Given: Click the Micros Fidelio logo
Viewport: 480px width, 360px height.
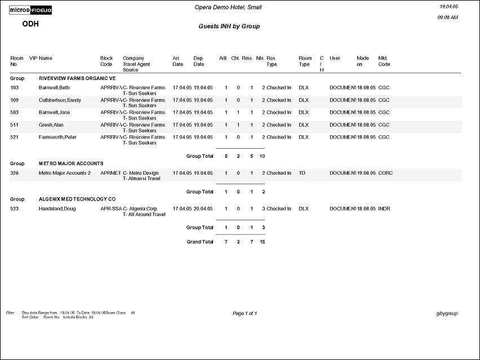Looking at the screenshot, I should [x=33, y=10].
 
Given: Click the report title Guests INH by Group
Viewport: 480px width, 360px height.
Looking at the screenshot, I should [x=229, y=26].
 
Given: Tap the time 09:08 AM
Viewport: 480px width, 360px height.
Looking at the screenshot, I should [x=447, y=17].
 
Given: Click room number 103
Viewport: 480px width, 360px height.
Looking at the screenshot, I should [x=15, y=88].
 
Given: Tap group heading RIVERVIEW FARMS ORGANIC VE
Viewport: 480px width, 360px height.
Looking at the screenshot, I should [x=77, y=78].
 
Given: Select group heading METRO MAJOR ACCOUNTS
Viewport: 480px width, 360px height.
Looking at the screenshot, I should [x=71, y=163].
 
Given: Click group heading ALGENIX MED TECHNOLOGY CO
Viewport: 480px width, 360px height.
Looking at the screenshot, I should [x=77, y=199].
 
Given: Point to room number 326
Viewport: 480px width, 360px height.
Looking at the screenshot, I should [x=15, y=173].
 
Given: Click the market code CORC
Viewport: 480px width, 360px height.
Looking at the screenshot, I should [x=385, y=173].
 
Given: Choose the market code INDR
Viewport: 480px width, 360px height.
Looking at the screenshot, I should [x=384, y=209].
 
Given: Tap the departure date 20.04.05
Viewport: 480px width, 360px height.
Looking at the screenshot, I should [x=203, y=209].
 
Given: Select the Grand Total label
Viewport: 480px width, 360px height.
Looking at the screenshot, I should [x=200, y=242].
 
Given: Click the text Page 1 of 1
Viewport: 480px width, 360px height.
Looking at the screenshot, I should [x=245, y=313].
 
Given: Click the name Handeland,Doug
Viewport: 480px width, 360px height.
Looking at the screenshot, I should [x=57, y=209].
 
